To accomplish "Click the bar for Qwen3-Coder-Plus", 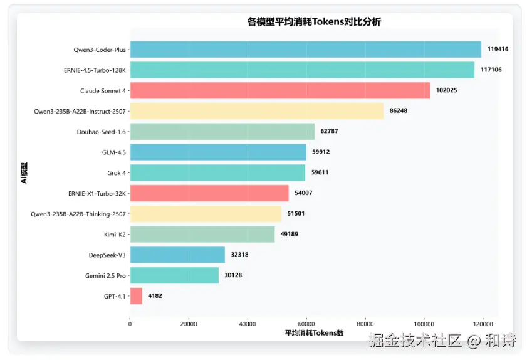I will click(x=305, y=49).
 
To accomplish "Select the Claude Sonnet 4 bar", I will click(x=279, y=90).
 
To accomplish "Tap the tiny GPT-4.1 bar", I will click(x=136, y=295).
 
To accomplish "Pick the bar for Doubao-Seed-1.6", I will click(x=222, y=131).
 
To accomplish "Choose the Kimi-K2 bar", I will click(x=202, y=234).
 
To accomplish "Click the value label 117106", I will click(x=491, y=70).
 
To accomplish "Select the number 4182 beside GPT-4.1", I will click(x=155, y=295).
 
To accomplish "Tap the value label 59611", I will click(x=321, y=172).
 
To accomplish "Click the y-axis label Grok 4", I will click(x=116, y=172).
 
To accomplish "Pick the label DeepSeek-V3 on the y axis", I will click(x=107, y=255).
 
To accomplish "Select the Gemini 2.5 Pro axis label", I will click(x=105, y=275).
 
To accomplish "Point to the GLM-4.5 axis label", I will click(x=113, y=152).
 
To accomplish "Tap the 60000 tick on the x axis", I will click(x=306, y=324).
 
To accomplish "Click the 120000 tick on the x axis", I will click(x=483, y=324).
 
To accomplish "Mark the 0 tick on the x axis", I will click(x=130, y=324).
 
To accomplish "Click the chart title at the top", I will click(x=314, y=22).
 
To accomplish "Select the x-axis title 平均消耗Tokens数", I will click(x=314, y=333).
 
